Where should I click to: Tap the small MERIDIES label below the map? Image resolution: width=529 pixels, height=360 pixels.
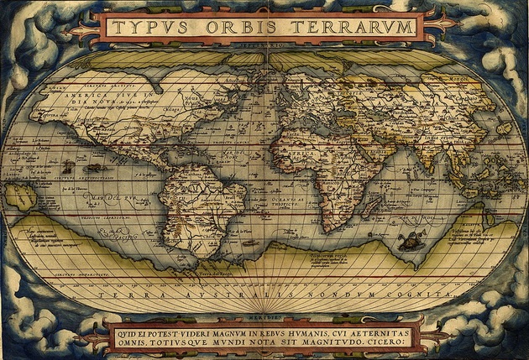(264, 317)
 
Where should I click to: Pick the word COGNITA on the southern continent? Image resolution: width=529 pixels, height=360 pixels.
(403, 295)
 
